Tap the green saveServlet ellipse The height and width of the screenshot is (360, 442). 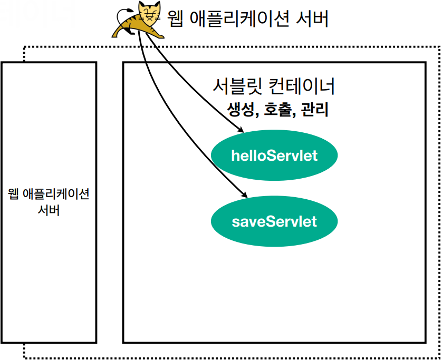click(274, 221)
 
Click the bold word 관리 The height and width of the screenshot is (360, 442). click(315, 110)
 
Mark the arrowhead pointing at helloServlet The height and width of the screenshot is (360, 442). click(238, 130)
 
